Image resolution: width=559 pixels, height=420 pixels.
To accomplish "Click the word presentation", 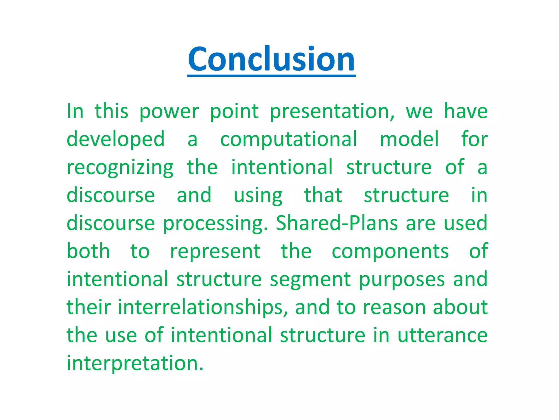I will [x=332, y=112].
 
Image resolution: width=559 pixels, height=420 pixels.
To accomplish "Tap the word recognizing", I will [x=120, y=168].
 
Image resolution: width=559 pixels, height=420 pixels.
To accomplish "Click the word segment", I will [x=310, y=280].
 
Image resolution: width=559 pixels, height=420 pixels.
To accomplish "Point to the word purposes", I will [x=402, y=280].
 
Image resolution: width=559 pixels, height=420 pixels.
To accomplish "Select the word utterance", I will [x=442, y=336].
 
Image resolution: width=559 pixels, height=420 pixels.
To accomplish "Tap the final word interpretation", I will [x=135, y=364].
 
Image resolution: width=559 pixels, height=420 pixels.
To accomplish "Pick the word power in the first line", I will [x=169, y=112].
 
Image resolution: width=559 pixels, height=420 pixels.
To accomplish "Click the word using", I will [x=258, y=196].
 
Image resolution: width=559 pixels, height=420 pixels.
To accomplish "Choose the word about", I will [x=460, y=308].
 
